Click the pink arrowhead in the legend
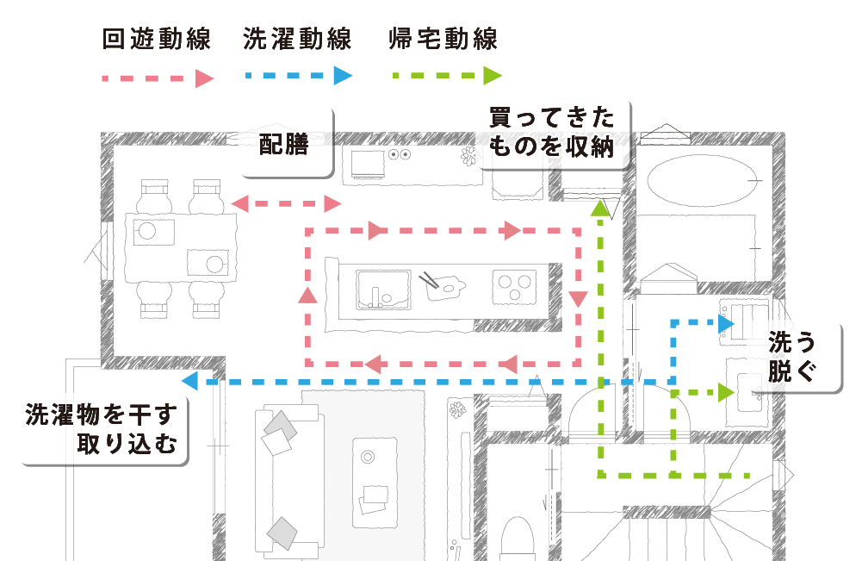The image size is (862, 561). click(203, 78)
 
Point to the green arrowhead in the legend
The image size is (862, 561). click(492, 76)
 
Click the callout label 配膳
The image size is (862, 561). click(284, 144)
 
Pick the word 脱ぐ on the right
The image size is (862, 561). click(791, 373)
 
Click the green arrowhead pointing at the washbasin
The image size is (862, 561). click(725, 393)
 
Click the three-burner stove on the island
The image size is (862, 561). click(515, 284)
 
